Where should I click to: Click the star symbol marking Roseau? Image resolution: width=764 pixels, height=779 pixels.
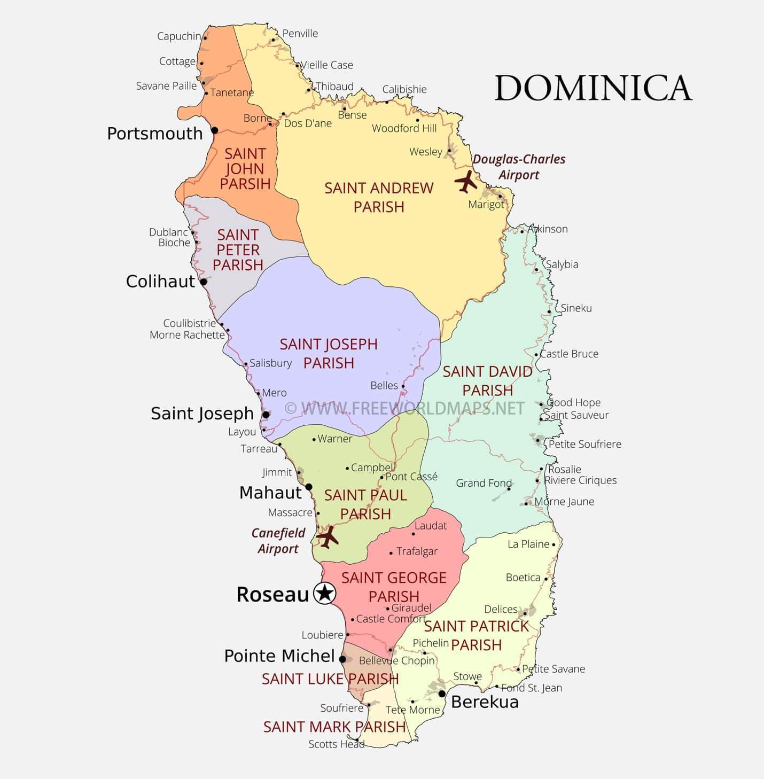point(324,594)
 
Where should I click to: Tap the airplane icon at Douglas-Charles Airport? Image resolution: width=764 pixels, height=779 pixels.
point(466,182)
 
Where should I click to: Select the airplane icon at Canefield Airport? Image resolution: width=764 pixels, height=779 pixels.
point(327,536)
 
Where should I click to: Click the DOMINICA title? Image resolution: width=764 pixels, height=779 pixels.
point(593,88)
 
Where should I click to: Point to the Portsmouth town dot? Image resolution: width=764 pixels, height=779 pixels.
point(215,130)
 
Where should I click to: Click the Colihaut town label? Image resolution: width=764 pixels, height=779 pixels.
point(160,282)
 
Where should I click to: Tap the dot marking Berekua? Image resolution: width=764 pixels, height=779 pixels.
point(442,694)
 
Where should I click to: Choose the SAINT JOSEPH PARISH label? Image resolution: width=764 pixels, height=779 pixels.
point(329,353)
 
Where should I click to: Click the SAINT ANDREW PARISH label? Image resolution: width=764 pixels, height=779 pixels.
point(379,197)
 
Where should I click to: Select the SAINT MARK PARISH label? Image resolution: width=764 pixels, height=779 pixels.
point(334,727)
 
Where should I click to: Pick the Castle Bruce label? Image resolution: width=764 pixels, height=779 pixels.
point(569,354)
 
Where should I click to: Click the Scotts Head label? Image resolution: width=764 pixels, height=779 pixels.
point(336,744)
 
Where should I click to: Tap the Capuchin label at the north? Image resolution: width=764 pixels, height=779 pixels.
point(179,36)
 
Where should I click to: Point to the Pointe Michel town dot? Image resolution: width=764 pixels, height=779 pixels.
point(342,659)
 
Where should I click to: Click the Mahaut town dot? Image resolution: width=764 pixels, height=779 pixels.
point(309,487)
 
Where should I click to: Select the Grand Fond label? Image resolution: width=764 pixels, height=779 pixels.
point(484,483)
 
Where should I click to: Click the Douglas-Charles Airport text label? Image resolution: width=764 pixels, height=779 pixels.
point(519,167)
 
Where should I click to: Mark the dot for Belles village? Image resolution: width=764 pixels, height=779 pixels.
point(403,386)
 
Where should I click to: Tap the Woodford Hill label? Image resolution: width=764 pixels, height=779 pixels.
point(404,128)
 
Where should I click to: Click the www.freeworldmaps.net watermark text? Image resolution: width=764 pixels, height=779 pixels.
point(404,409)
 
